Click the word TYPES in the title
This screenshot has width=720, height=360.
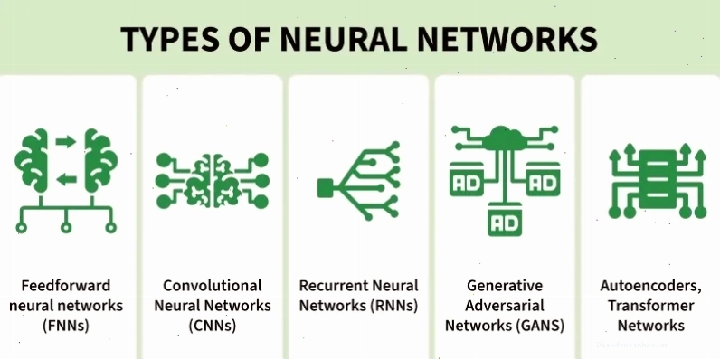170,39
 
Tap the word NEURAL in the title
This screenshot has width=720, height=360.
344,39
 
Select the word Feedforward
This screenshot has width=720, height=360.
66,286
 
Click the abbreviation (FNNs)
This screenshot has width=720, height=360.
66,326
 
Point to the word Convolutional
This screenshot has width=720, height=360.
213,286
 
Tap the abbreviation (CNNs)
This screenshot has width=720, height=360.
213,326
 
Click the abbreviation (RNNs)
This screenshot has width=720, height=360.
394,306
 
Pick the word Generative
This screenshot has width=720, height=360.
505,286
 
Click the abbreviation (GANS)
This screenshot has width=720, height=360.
540,326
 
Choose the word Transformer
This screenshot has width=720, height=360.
650,306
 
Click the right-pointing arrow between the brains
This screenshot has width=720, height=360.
66,141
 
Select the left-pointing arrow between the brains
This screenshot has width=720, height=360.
67,179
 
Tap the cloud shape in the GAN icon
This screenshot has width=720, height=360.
505,138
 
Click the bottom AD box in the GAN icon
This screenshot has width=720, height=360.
505,220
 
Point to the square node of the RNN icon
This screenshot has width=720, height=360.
325,188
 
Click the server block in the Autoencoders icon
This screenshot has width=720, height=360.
658,179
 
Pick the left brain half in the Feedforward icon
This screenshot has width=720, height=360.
33,160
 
